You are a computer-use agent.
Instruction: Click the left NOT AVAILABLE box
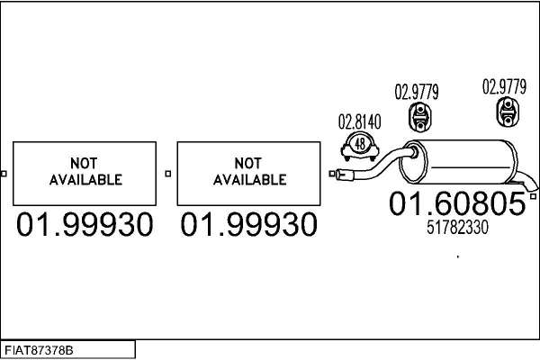(84, 173)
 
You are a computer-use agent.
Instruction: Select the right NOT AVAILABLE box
(249, 173)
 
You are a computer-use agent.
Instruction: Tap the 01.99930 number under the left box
(84, 225)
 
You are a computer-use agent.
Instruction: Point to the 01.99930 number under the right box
(249, 225)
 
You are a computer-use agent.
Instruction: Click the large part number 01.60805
(456, 204)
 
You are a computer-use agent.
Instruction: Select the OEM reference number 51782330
(456, 228)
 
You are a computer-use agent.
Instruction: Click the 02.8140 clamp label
(359, 121)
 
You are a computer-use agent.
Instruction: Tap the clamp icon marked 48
(361, 143)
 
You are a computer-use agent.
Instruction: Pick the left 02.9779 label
(417, 91)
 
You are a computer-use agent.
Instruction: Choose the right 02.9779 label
(504, 87)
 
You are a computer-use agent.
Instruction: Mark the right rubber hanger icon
(507, 113)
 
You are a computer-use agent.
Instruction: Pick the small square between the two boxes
(168, 173)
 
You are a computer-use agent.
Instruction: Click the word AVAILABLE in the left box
(84, 180)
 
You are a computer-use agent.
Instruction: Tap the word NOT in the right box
(249, 164)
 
